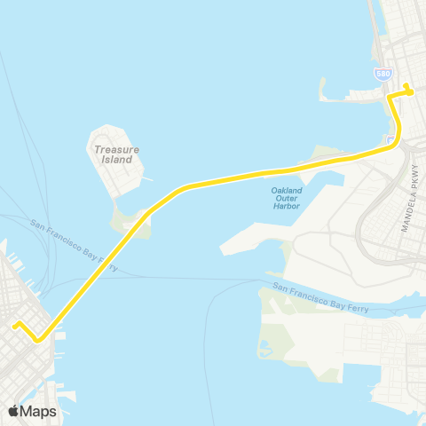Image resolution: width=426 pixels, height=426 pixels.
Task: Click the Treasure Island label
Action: pos(115,155)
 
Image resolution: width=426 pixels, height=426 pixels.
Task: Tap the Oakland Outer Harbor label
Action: pos(287,198)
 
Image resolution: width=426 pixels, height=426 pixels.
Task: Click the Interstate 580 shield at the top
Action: pos(383,74)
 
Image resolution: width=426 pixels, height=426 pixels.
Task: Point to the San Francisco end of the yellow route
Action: pos(14,325)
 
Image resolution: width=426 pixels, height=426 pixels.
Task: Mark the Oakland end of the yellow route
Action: pos(407,86)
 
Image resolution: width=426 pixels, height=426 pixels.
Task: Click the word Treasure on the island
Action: pos(115,150)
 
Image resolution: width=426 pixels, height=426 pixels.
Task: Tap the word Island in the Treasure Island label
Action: pos(115,161)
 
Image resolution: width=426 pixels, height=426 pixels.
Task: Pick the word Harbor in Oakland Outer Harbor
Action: pos(287,206)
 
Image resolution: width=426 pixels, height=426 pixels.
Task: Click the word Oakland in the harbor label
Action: pos(287,190)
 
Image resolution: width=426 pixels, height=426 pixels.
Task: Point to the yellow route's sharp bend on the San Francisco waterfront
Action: pos(38,339)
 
